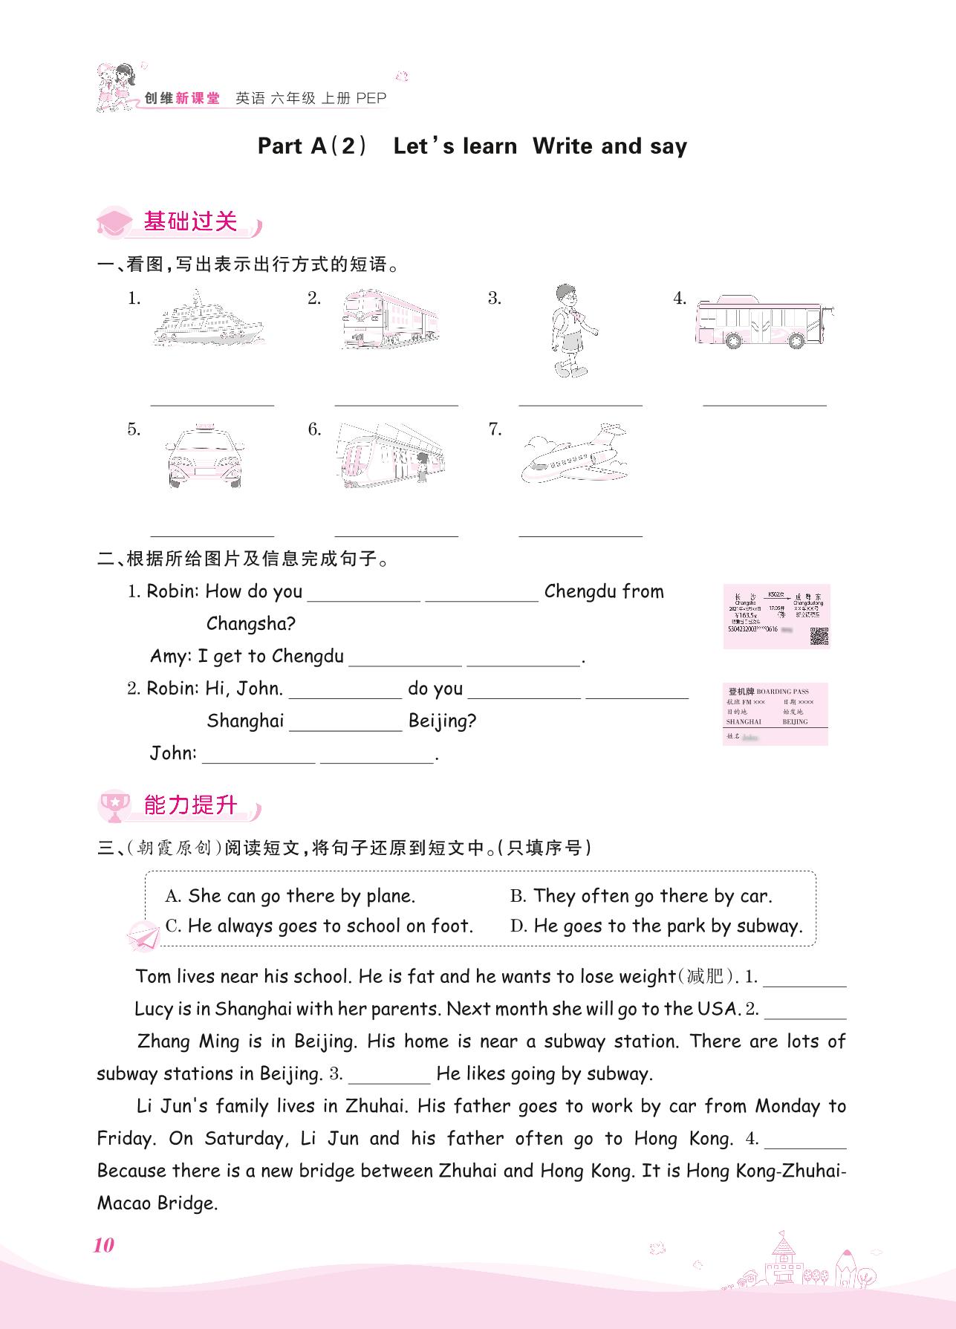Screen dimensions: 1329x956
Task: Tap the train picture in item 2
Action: (x=391, y=319)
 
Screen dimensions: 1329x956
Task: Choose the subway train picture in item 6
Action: (x=391, y=455)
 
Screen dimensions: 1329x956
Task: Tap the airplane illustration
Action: (x=576, y=455)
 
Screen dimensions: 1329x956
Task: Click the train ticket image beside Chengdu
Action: (x=776, y=617)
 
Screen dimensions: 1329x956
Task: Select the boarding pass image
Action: (x=775, y=714)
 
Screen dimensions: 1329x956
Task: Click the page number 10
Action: (x=103, y=1246)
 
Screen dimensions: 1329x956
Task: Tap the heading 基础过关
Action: (x=190, y=222)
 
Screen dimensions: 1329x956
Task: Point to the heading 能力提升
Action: (x=190, y=805)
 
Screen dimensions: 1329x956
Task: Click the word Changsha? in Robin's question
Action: (x=251, y=624)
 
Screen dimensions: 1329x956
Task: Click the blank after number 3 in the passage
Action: (x=389, y=1074)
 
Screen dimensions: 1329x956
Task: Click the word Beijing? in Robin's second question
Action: (x=442, y=721)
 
